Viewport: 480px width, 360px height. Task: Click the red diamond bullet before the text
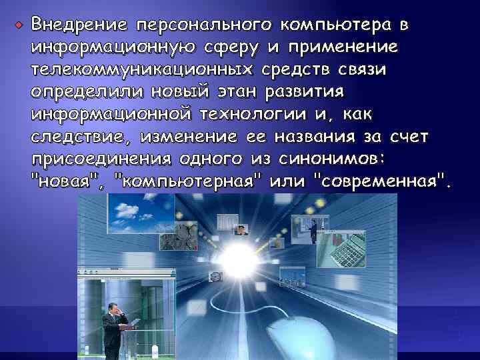click(x=19, y=25)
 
